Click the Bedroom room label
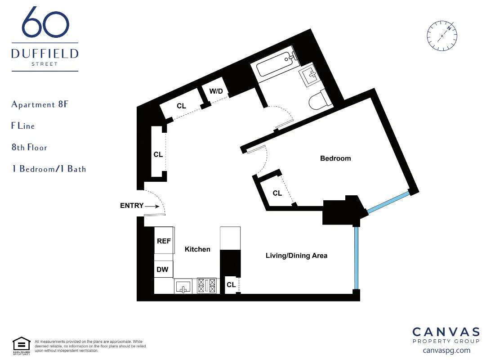pos(335,158)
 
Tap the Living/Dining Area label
pos(296,256)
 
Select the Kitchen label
pos(197,249)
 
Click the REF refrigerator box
pos(164,241)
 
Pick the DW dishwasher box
pos(163,270)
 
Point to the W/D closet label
pos(216,91)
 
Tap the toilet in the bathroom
pos(320,100)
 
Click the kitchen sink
pos(183,286)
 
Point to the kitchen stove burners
pos(207,286)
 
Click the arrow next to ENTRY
pos(153,206)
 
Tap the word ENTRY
pos(132,206)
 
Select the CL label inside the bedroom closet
pos(277,193)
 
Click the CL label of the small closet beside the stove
pos(231,285)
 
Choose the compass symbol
pos(442,35)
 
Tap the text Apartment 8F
pos(40,104)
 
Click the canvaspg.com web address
pos(446,350)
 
